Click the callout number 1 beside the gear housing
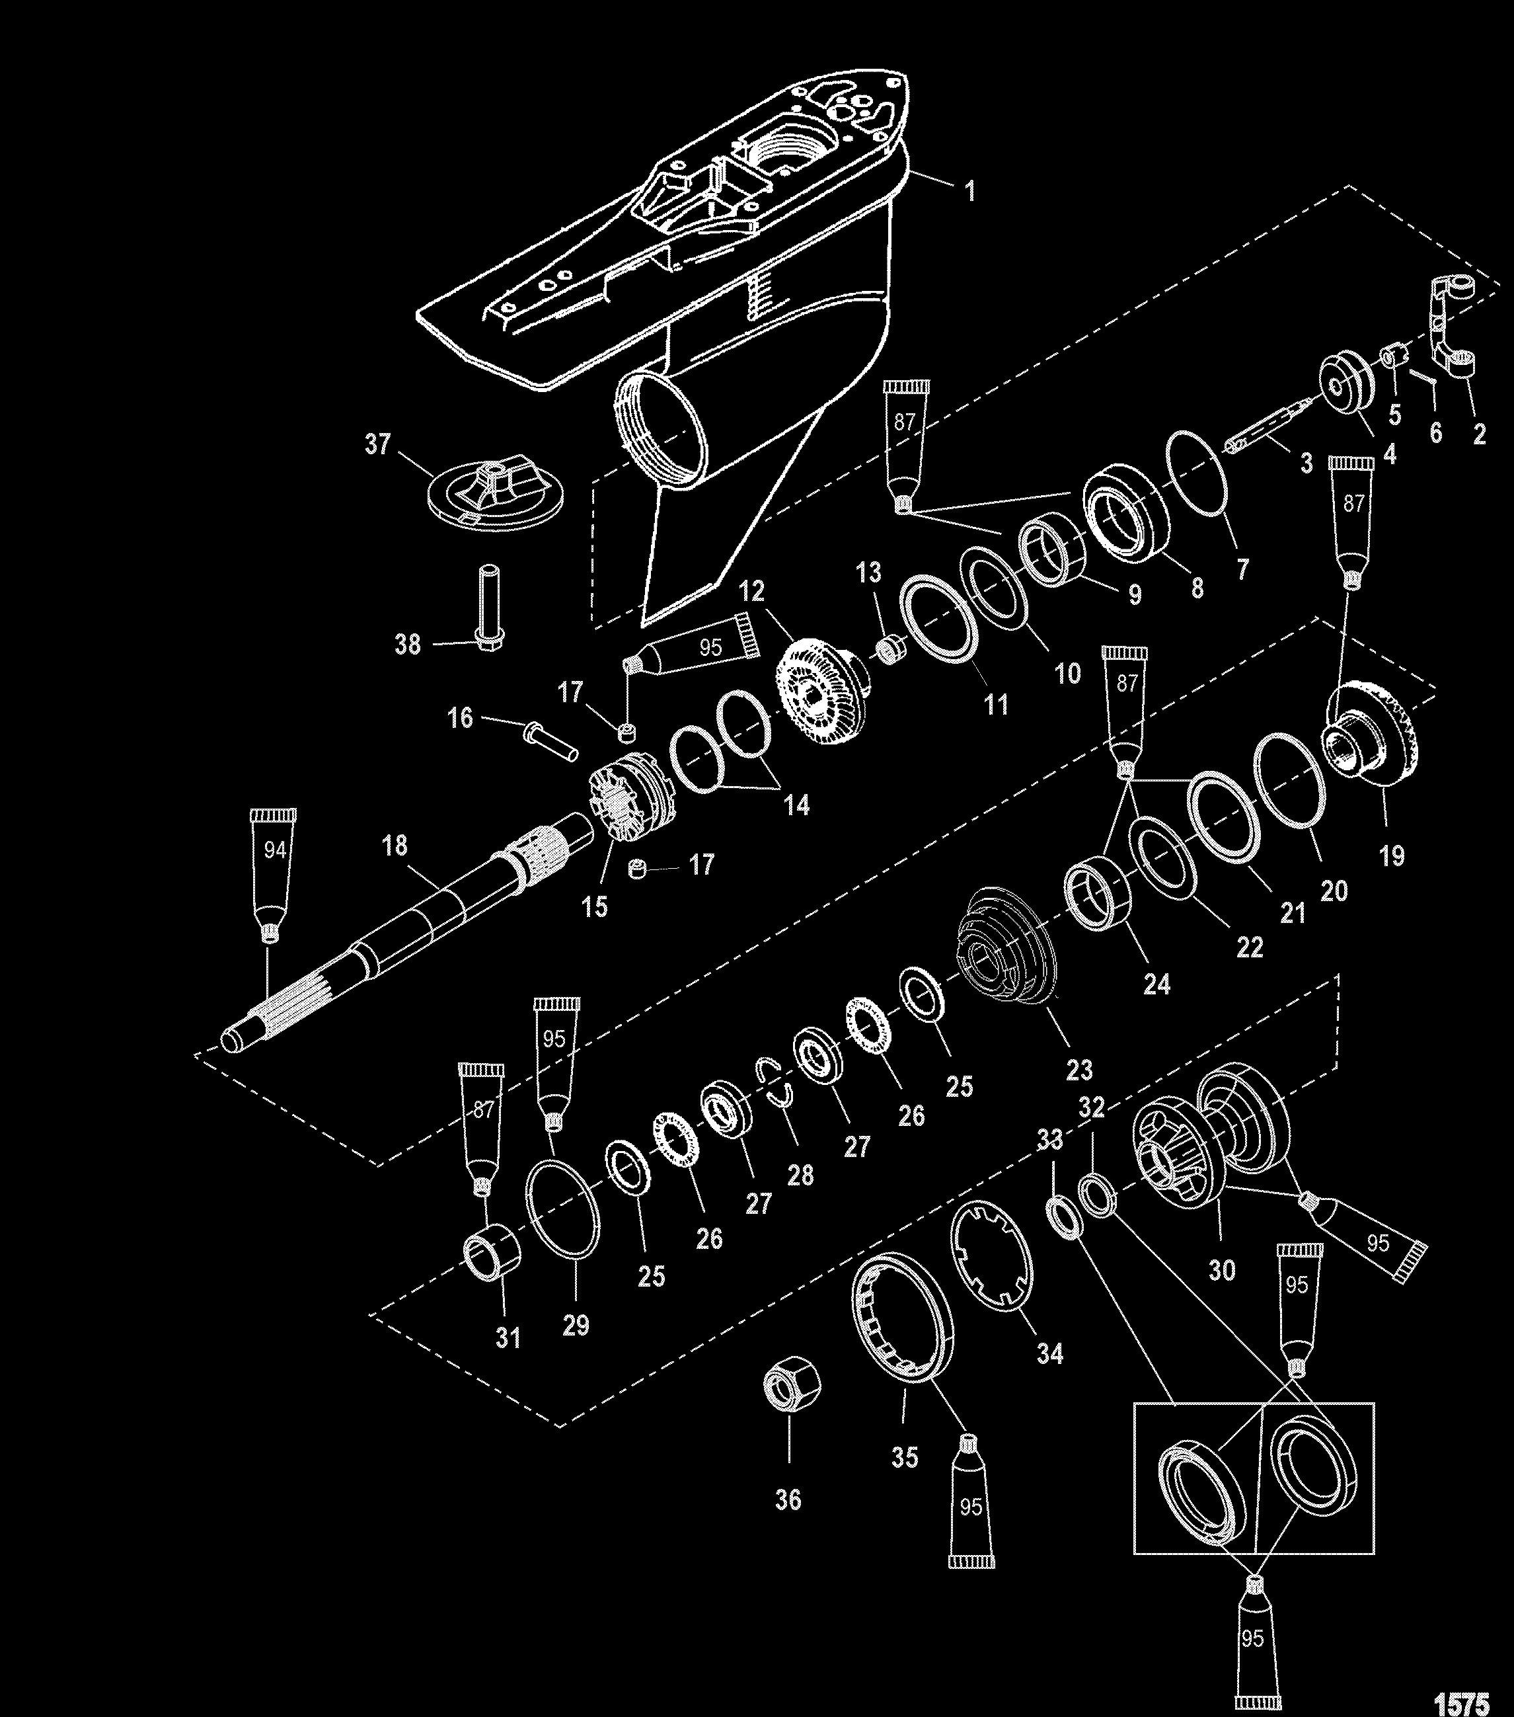coord(971,192)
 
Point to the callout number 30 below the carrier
coord(1222,1270)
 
